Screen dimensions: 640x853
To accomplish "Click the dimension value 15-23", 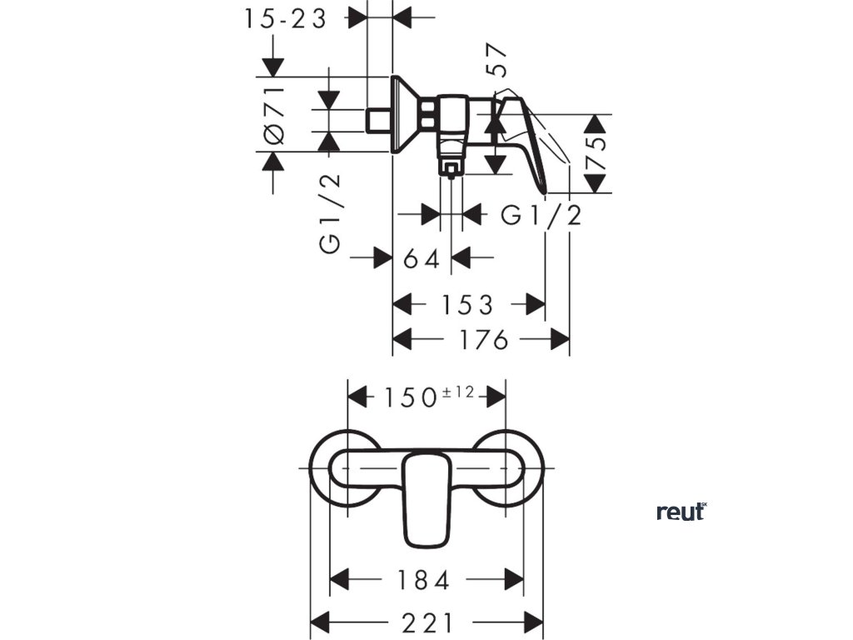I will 287,18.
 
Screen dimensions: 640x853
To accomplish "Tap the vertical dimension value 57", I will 499,61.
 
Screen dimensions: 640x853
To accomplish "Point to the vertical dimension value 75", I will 597,155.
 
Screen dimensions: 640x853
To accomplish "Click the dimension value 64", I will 421,259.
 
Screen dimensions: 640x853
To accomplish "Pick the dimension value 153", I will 468,305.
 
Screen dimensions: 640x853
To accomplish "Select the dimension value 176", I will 481,340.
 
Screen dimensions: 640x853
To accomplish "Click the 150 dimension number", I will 411,397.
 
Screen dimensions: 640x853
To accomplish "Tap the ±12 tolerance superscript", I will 457,392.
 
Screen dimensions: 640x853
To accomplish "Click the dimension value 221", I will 428,623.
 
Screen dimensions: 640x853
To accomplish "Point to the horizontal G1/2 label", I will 541,216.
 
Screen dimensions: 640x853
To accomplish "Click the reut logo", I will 681,511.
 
